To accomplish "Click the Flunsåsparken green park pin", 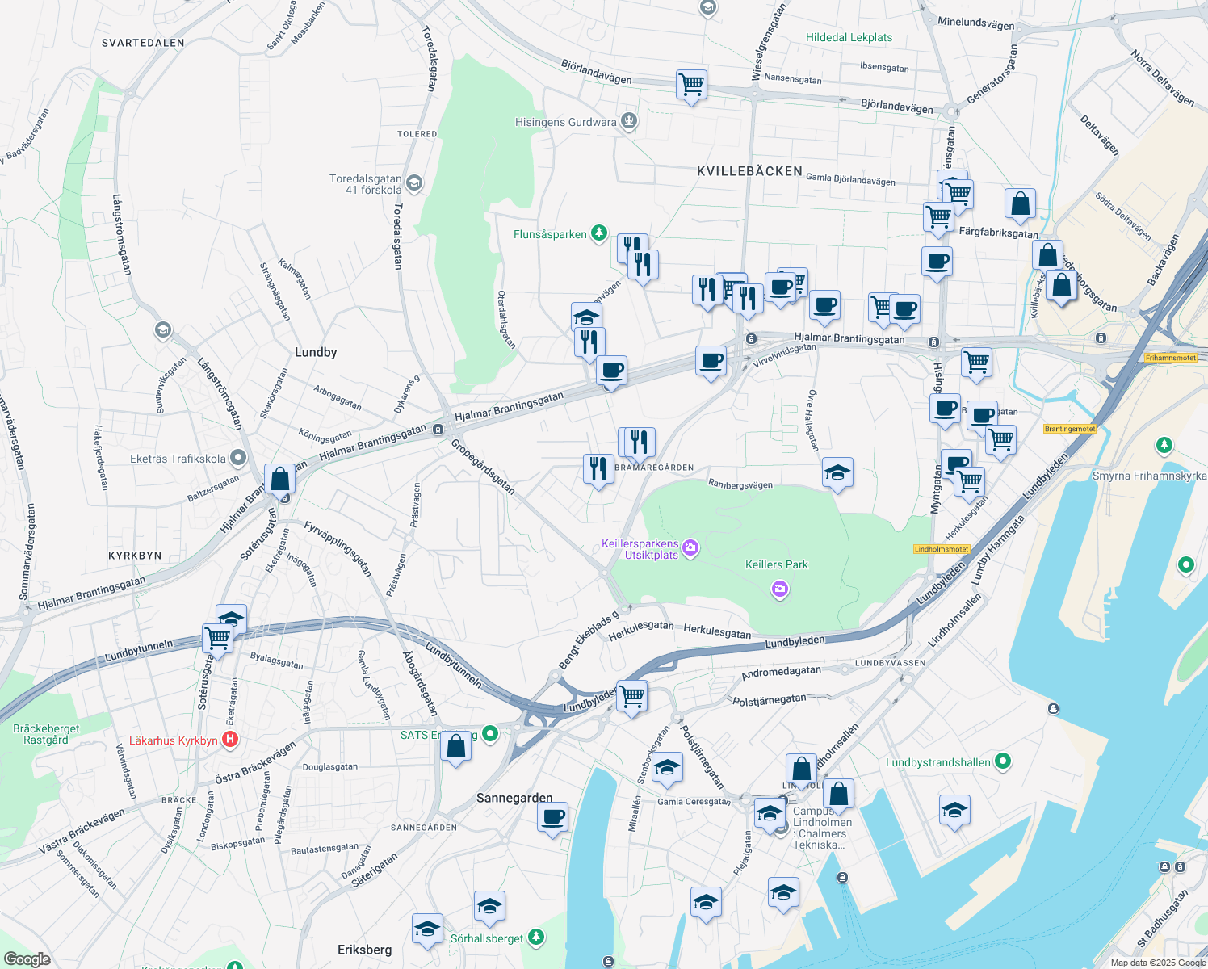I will click(x=598, y=234).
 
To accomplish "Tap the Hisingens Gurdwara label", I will click(x=565, y=123).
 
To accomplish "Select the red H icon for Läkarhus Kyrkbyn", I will click(x=230, y=740).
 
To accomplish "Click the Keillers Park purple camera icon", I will click(x=779, y=589).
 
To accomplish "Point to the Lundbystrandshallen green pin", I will click(x=1003, y=761).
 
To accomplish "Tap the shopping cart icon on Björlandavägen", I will click(x=691, y=85).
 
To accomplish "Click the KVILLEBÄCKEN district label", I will click(x=749, y=171).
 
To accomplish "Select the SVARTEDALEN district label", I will click(x=143, y=43).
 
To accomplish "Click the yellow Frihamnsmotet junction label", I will click(x=1170, y=358).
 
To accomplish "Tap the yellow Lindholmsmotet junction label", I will click(x=942, y=549).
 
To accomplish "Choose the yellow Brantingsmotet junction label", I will click(x=1070, y=429).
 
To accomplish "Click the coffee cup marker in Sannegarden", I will click(x=553, y=817).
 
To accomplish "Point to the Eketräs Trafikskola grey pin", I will click(x=237, y=459).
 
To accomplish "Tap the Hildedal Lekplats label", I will click(x=849, y=37).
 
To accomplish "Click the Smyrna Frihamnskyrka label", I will click(x=1149, y=476).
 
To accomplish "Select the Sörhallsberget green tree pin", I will click(x=535, y=938).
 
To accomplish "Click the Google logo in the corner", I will click(x=27, y=959).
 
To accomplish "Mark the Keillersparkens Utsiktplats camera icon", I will click(x=690, y=549).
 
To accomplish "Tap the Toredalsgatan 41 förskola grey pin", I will click(x=413, y=183).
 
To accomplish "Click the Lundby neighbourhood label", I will click(x=316, y=352).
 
